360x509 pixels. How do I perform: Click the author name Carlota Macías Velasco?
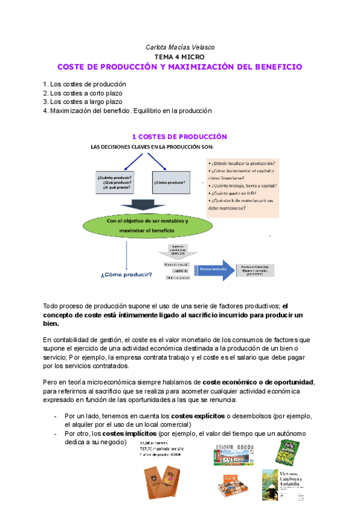tap(179, 46)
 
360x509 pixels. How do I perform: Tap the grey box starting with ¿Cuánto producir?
tap(115, 181)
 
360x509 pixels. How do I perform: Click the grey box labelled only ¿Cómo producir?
tap(169, 182)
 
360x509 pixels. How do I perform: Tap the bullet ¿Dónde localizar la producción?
tap(241, 163)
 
